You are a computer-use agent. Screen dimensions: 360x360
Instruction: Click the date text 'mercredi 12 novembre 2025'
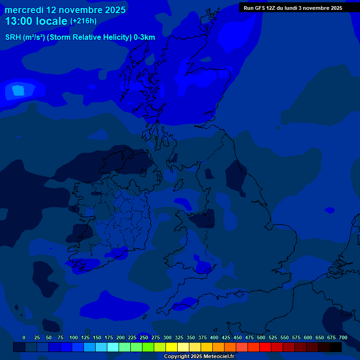[65, 10]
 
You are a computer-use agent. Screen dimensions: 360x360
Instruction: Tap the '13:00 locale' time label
[36, 21]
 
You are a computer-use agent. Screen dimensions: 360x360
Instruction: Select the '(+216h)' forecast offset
[83, 21]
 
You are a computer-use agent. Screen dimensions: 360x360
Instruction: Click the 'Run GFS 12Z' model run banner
[292, 8]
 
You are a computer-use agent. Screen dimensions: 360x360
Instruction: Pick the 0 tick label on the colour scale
[24, 337]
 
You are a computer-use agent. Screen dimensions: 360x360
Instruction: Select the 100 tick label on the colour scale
[74, 337]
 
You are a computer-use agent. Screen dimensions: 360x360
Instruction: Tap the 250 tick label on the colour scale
[144, 337]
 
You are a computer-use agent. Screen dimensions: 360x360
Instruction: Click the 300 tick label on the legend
[167, 337]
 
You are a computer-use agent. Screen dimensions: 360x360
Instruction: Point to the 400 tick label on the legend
[214, 337]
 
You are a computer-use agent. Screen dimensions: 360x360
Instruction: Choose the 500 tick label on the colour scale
[261, 337]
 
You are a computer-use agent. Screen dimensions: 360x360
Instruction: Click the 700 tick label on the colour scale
[343, 337]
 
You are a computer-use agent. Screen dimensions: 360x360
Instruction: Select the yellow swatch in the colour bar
[172, 347]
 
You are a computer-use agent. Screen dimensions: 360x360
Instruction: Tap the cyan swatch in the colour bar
[113, 347]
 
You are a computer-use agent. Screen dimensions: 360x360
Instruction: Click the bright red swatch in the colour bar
[265, 347]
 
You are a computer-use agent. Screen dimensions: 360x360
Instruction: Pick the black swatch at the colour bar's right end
[336, 347]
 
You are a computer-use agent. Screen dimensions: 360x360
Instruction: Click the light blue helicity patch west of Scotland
[18, 90]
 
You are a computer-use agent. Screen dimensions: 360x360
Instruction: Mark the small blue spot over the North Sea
[330, 210]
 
